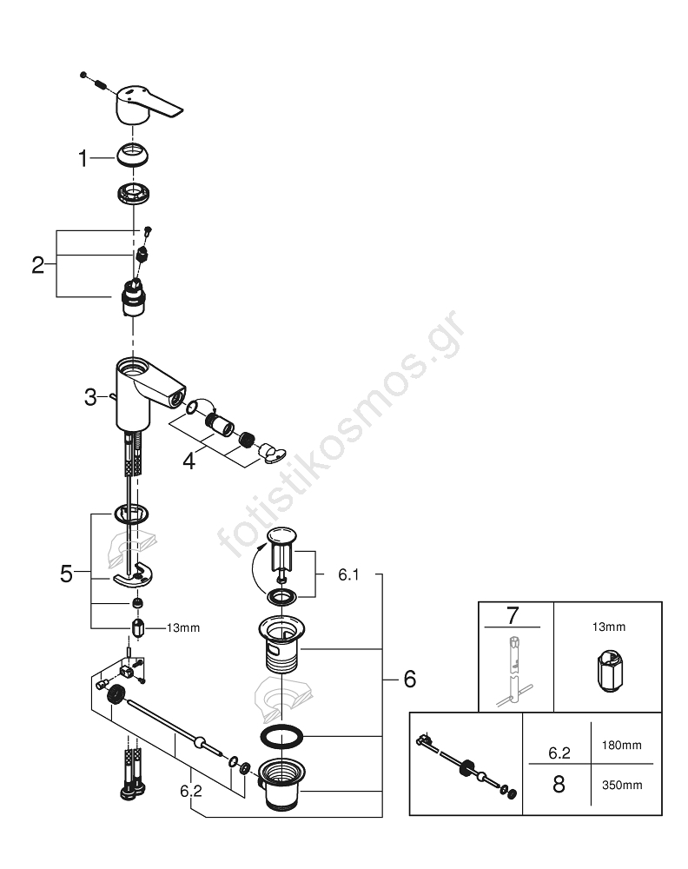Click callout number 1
[83, 159]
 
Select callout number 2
[38, 264]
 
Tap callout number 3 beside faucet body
[90, 397]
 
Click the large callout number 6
[409, 679]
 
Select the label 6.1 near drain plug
[347, 574]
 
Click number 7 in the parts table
[512, 616]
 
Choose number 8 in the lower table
[559, 784]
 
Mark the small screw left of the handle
[84, 75]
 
